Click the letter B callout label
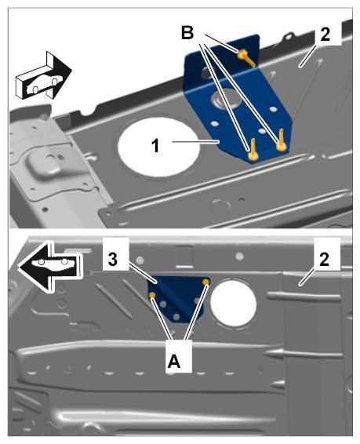(x=187, y=33)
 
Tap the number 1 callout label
(x=155, y=146)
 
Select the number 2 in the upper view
(x=325, y=35)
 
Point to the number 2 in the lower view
(x=324, y=260)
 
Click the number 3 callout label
(x=113, y=260)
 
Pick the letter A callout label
(x=174, y=362)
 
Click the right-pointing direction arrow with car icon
(x=44, y=75)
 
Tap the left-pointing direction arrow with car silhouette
(x=50, y=267)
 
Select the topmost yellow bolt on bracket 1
(x=245, y=57)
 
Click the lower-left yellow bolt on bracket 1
(x=253, y=151)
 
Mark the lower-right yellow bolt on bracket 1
(x=281, y=140)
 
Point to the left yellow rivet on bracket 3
(x=152, y=295)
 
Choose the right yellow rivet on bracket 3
(x=206, y=282)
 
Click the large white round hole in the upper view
(x=159, y=147)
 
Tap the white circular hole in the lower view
(x=234, y=304)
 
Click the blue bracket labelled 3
(x=178, y=297)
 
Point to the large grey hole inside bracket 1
(x=227, y=99)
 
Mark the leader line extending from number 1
(x=195, y=141)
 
